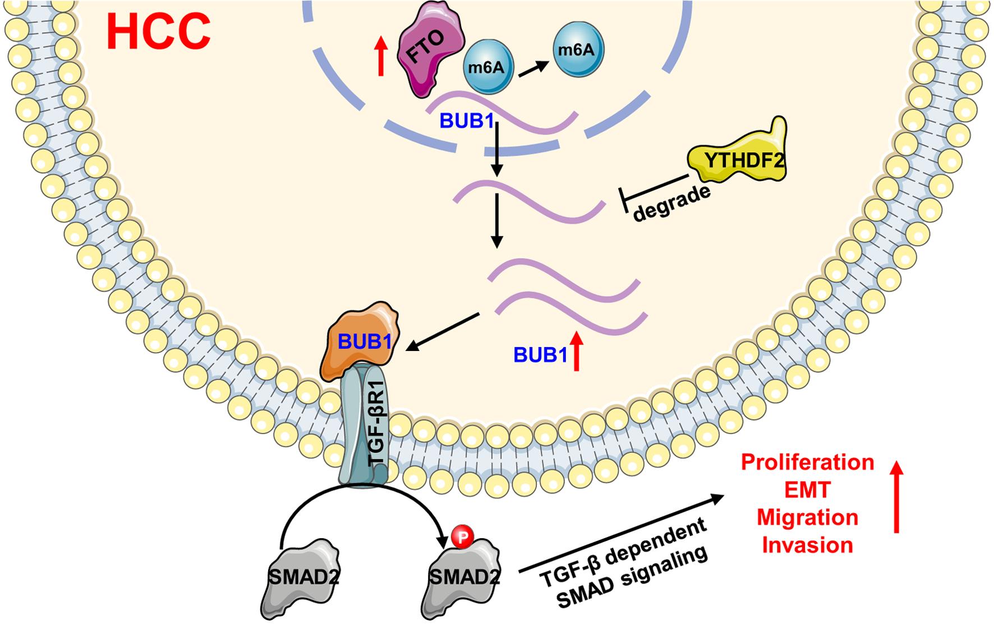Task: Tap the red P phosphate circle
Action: (462, 537)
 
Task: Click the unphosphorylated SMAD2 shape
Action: (301, 580)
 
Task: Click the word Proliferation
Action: (807, 463)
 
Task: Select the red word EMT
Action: (807, 490)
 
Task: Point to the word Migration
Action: (807, 517)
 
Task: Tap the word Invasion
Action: (807, 544)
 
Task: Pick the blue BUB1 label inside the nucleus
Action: (466, 121)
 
